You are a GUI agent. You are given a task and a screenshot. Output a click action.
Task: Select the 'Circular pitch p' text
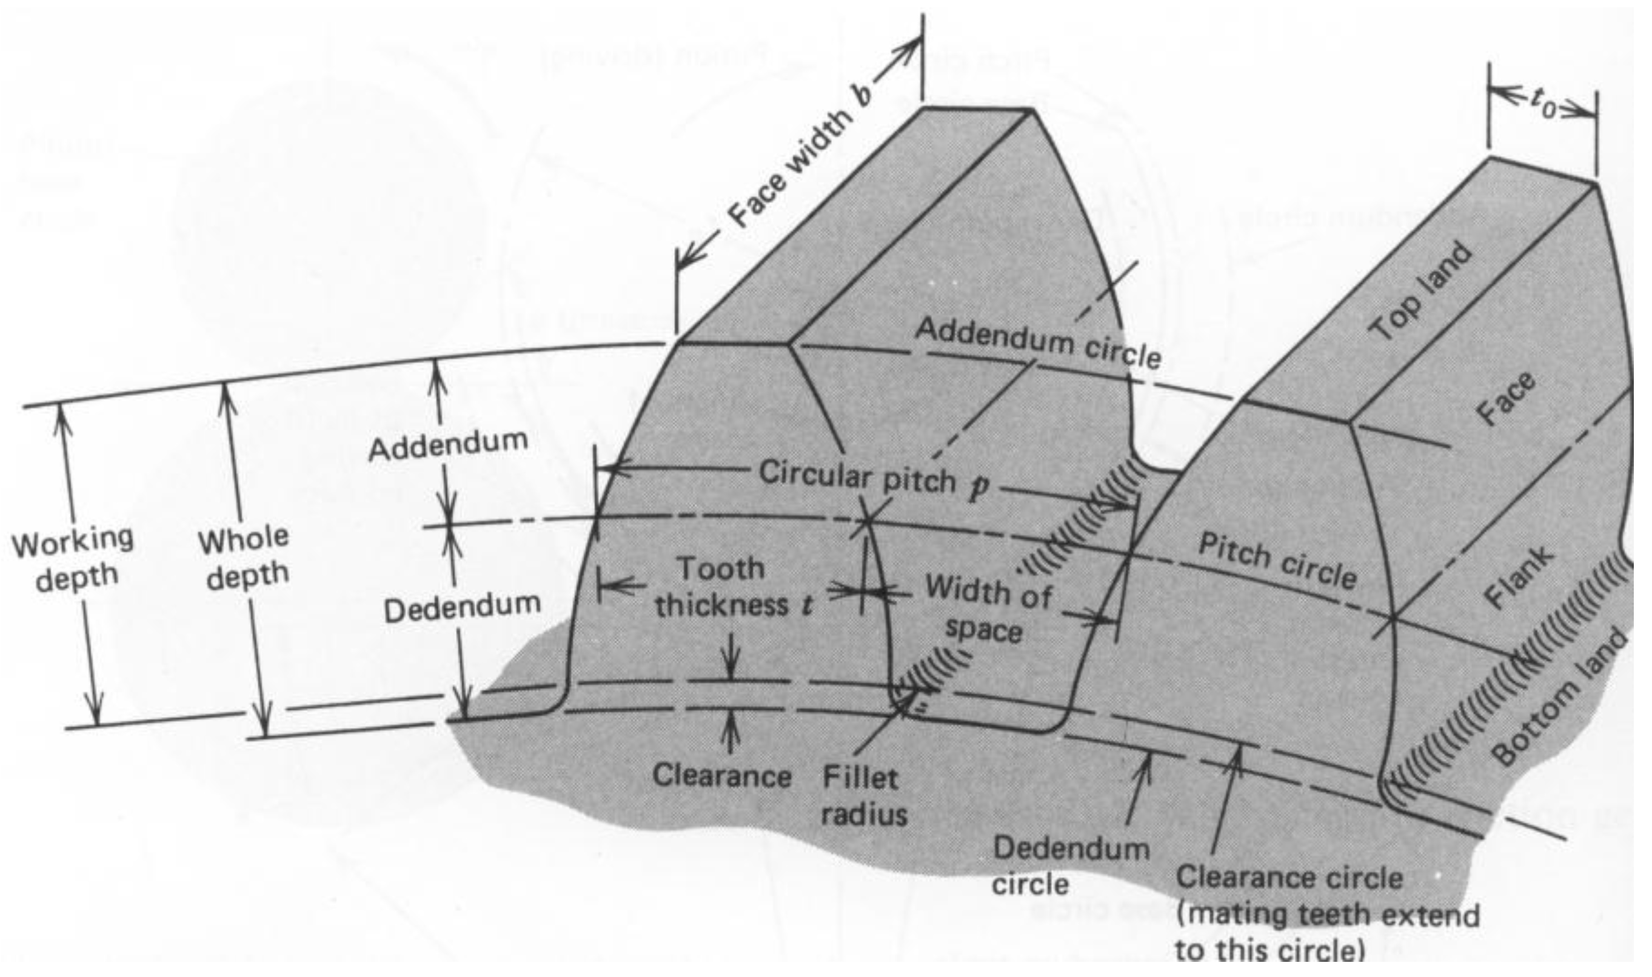click(873, 478)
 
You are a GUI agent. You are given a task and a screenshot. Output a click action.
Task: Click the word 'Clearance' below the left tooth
click(721, 777)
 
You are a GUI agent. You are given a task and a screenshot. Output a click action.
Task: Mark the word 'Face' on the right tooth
click(1505, 399)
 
